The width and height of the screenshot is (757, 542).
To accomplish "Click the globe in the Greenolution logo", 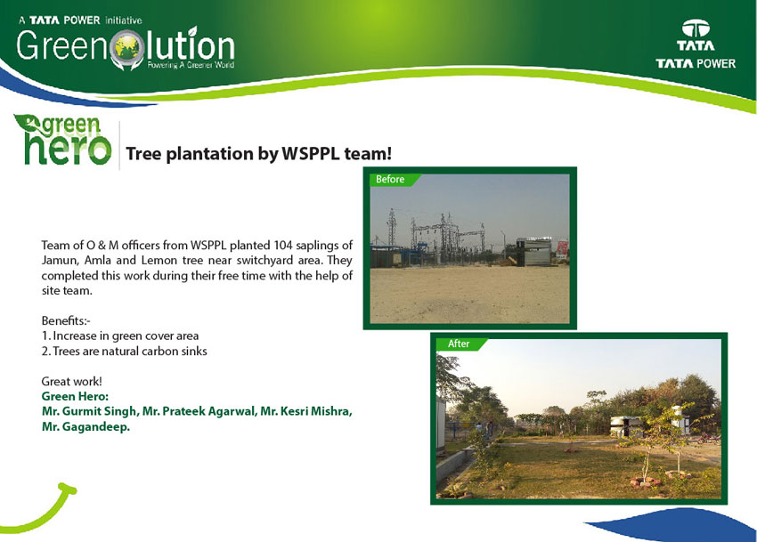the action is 127,47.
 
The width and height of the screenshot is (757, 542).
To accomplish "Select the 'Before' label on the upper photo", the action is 390,179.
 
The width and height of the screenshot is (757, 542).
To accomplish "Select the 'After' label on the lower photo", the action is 458,344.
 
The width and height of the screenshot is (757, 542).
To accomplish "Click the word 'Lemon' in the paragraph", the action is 159,261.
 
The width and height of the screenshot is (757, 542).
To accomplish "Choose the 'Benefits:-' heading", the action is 66,321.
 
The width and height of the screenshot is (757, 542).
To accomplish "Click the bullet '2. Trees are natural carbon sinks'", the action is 124,352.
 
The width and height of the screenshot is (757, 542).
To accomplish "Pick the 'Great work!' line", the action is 71,381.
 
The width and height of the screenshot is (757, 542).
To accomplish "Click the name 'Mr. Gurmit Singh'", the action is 90,412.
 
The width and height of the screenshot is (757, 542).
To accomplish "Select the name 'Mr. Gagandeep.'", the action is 85,427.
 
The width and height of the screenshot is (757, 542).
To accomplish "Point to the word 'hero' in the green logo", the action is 68,149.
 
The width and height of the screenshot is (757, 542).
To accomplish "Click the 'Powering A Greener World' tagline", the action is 191,65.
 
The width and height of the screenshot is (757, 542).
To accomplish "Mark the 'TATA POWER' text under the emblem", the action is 696,63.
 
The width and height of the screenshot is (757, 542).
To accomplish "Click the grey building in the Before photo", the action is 533,252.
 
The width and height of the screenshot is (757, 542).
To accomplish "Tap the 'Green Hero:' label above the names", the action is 75,397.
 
